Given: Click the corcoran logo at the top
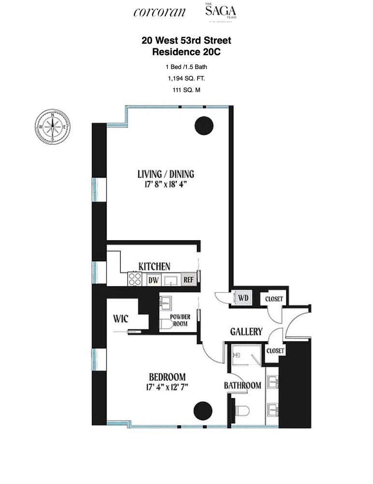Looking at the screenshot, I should point(159,13).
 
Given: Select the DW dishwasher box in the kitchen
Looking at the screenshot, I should point(154,280).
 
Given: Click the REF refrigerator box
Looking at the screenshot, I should point(188,280).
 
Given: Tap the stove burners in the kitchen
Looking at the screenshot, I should point(135,279).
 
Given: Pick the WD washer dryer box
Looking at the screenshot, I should point(243,298).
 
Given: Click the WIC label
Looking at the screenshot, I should point(121,319).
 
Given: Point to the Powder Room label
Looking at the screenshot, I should point(180,320).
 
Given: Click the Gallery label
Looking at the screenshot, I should point(246,332).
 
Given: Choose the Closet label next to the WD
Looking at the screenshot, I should point(274,299).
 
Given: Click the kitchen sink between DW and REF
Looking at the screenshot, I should point(171,280).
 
